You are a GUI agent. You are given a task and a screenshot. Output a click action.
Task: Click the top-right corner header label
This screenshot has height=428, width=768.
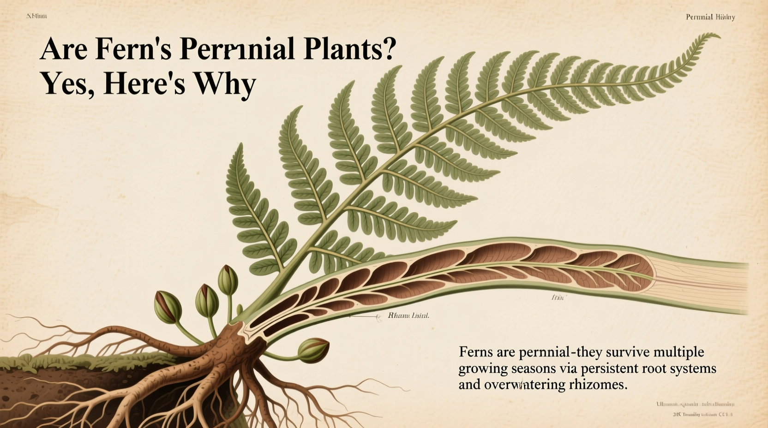click(x=710, y=17)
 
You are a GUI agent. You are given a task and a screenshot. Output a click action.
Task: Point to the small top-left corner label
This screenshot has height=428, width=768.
click(x=36, y=16)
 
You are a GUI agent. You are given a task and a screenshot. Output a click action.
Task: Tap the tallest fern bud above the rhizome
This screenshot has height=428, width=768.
click(x=228, y=280)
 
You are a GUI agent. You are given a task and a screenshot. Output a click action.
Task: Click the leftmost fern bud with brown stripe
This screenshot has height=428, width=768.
click(x=167, y=307)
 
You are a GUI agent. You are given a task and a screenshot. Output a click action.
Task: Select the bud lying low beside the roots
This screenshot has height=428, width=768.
click(x=314, y=350)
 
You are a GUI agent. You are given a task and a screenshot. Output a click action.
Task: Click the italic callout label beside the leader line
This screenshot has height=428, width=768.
click(x=408, y=316)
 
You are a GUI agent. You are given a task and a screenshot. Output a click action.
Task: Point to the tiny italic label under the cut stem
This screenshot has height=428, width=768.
click(x=558, y=298)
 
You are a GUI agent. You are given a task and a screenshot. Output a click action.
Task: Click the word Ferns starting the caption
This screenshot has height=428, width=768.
click(x=476, y=352)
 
